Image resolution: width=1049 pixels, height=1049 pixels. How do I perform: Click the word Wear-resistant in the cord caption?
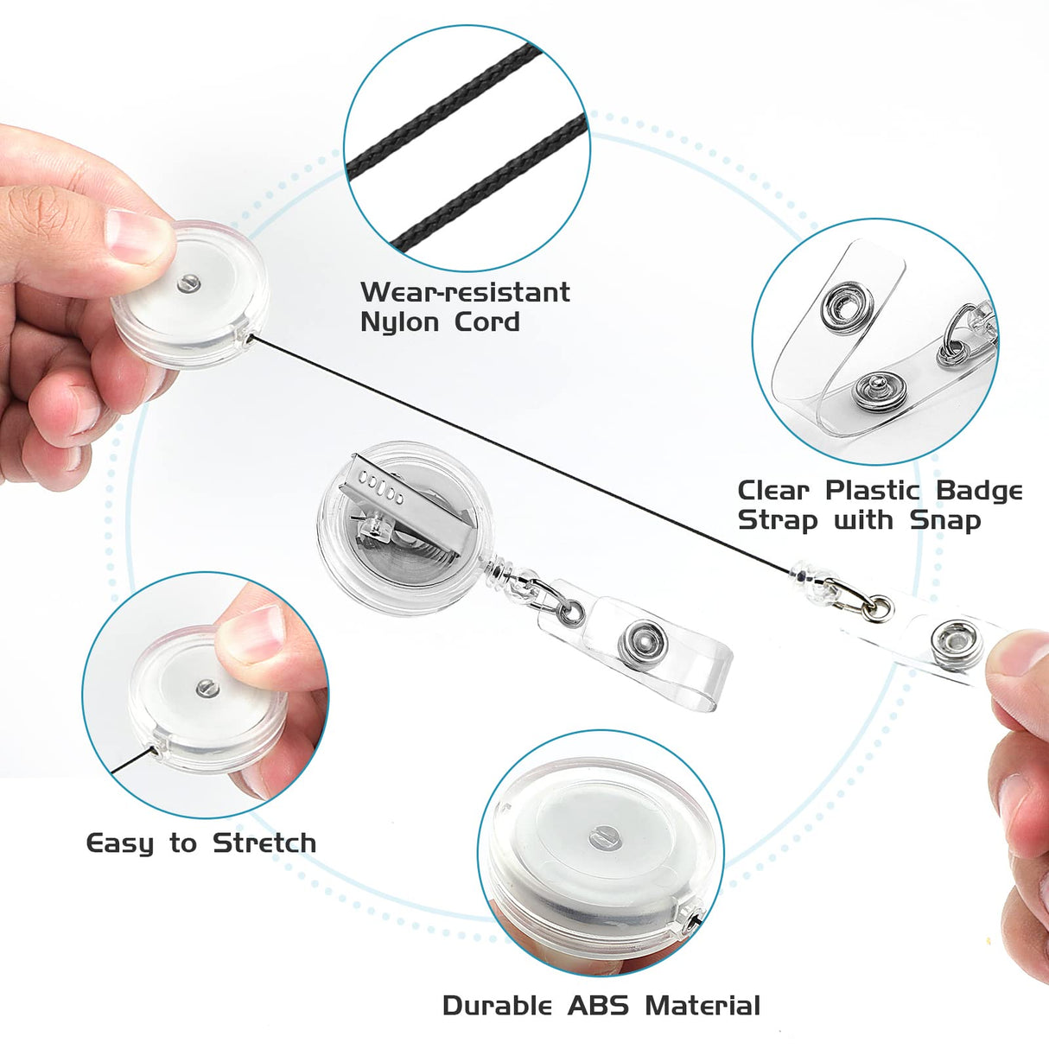(x=465, y=292)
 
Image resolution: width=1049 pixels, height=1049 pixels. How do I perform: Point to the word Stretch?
(x=264, y=843)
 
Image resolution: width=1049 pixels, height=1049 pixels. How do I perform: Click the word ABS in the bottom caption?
(x=600, y=1006)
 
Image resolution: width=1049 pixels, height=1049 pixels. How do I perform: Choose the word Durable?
(x=497, y=1006)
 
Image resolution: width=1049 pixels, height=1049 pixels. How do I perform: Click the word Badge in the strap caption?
(x=979, y=491)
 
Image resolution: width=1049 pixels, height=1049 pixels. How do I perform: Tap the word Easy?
(x=120, y=843)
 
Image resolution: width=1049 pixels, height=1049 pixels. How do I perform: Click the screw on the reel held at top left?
(x=188, y=282)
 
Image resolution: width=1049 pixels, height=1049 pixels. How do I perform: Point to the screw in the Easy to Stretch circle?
(x=207, y=688)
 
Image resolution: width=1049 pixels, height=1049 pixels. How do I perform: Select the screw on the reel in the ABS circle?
(x=602, y=836)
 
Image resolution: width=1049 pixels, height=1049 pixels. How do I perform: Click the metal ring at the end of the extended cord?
(x=877, y=607)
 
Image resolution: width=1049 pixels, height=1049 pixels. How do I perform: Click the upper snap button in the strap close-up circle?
(x=847, y=307)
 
